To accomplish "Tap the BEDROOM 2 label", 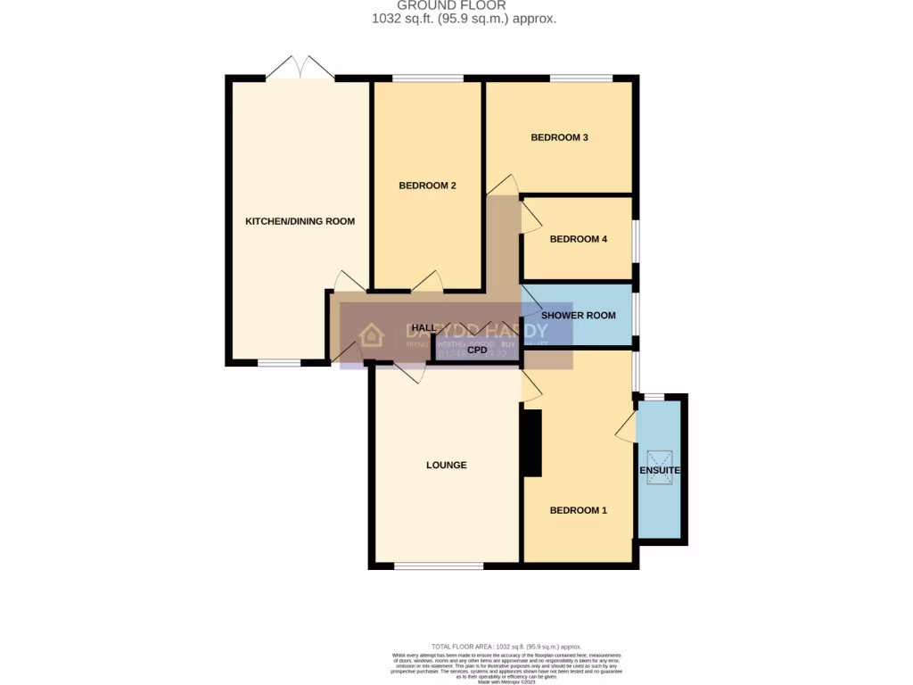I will tap(427, 186).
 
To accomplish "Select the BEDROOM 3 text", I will tap(559, 137).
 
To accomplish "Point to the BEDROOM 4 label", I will tap(578, 239).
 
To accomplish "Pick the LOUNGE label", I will tap(446, 465).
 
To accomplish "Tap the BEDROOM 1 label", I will tap(578, 510).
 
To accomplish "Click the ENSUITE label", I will tap(660, 470).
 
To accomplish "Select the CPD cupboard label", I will tap(477, 351).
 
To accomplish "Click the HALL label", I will tap(424, 328).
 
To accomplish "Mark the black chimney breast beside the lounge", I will tap(531, 443).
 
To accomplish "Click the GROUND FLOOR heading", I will tap(464, 5).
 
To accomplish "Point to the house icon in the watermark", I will tap(371, 335).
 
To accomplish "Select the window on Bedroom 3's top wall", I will tap(580, 78).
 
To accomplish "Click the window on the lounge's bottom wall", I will tap(439, 565).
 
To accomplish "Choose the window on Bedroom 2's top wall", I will tap(422, 78).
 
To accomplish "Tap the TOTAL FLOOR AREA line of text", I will tap(506, 646).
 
